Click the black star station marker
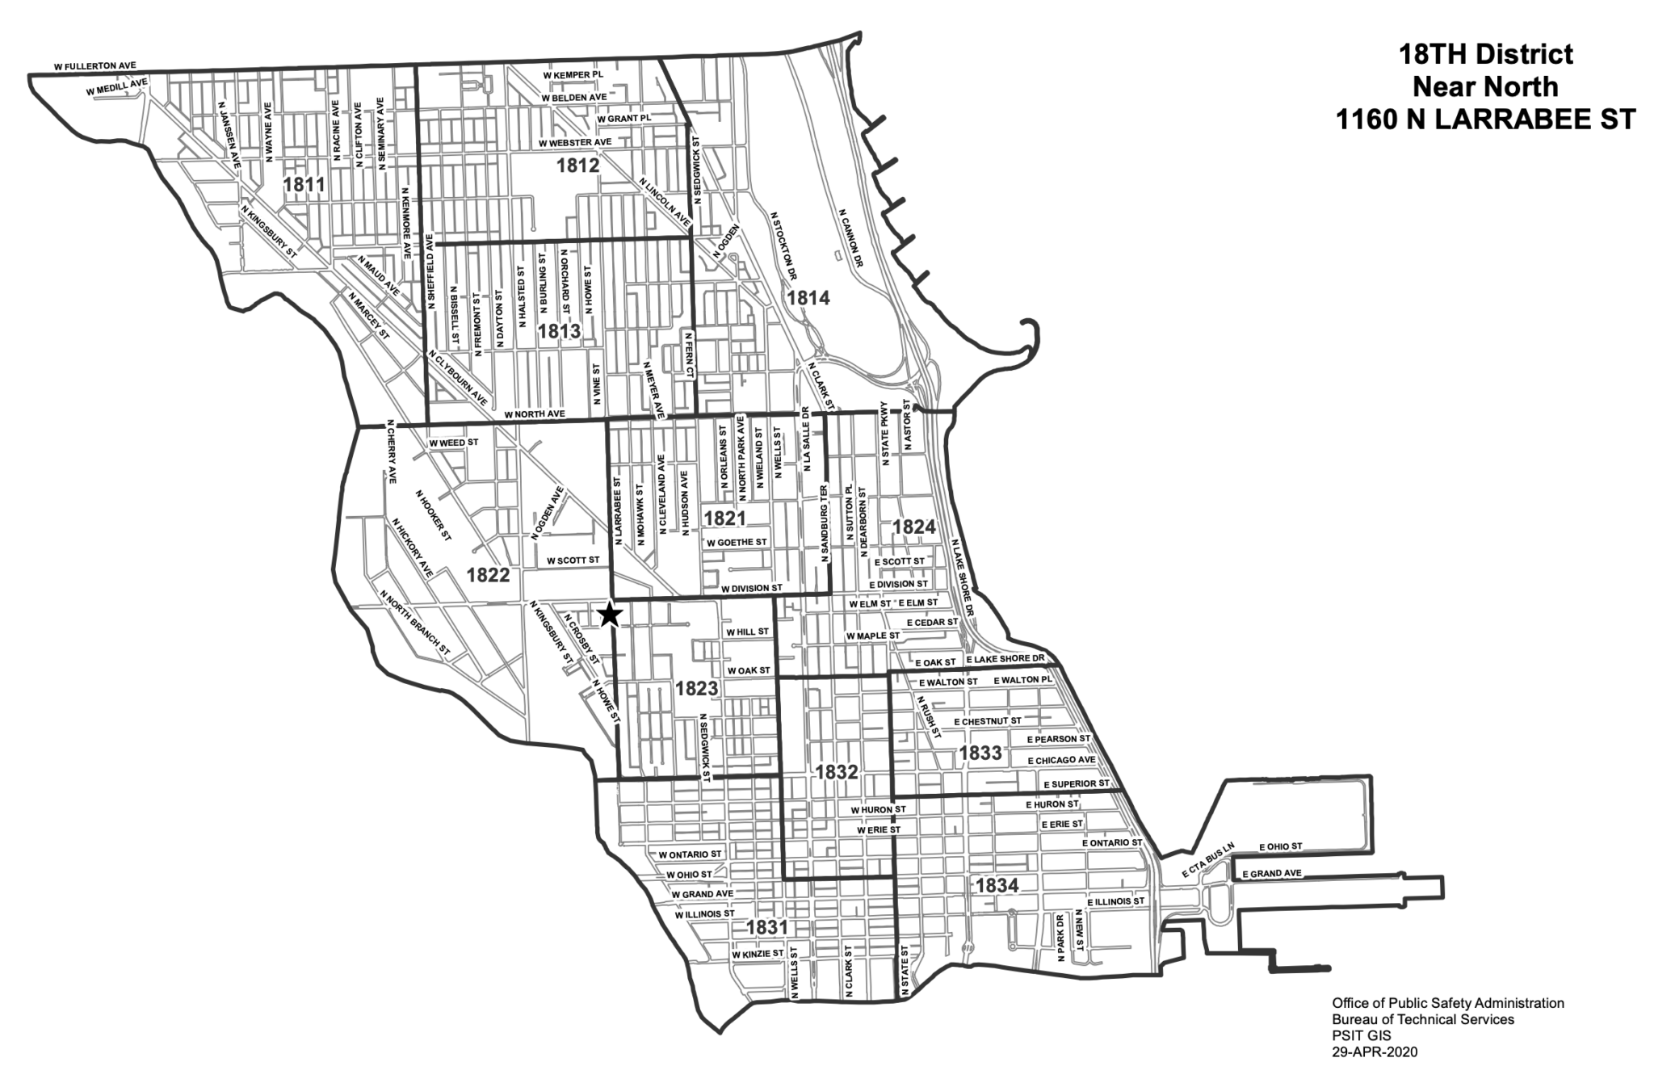click(610, 615)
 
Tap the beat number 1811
click(304, 185)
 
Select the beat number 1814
click(808, 297)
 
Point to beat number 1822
click(488, 574)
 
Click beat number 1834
click(997, 885)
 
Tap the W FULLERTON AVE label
click(94, 65)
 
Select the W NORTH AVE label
click(534, 414)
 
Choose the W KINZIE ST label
click(758, 954)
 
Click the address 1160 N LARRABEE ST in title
click(1485, 120)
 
